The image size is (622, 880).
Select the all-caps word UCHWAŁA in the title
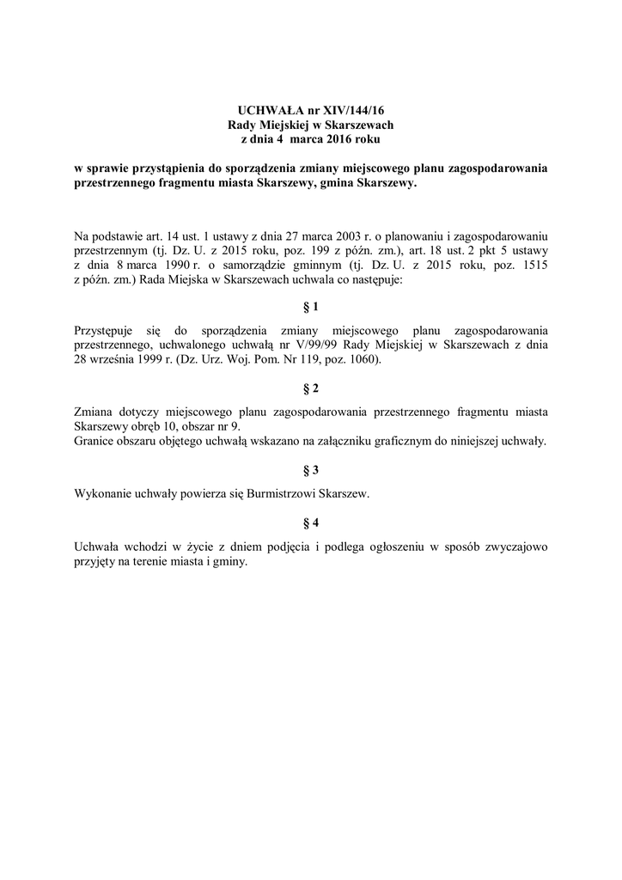265,110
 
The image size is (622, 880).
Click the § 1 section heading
311,306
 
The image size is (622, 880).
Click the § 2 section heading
311,388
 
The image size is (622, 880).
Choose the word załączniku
328,442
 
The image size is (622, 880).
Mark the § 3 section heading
311,469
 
